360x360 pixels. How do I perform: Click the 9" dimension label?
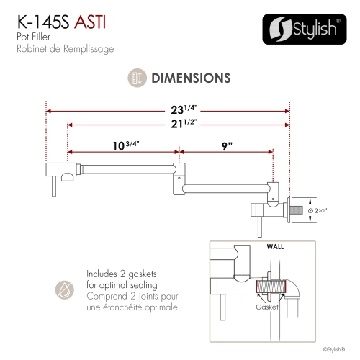(x=227, y=145)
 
